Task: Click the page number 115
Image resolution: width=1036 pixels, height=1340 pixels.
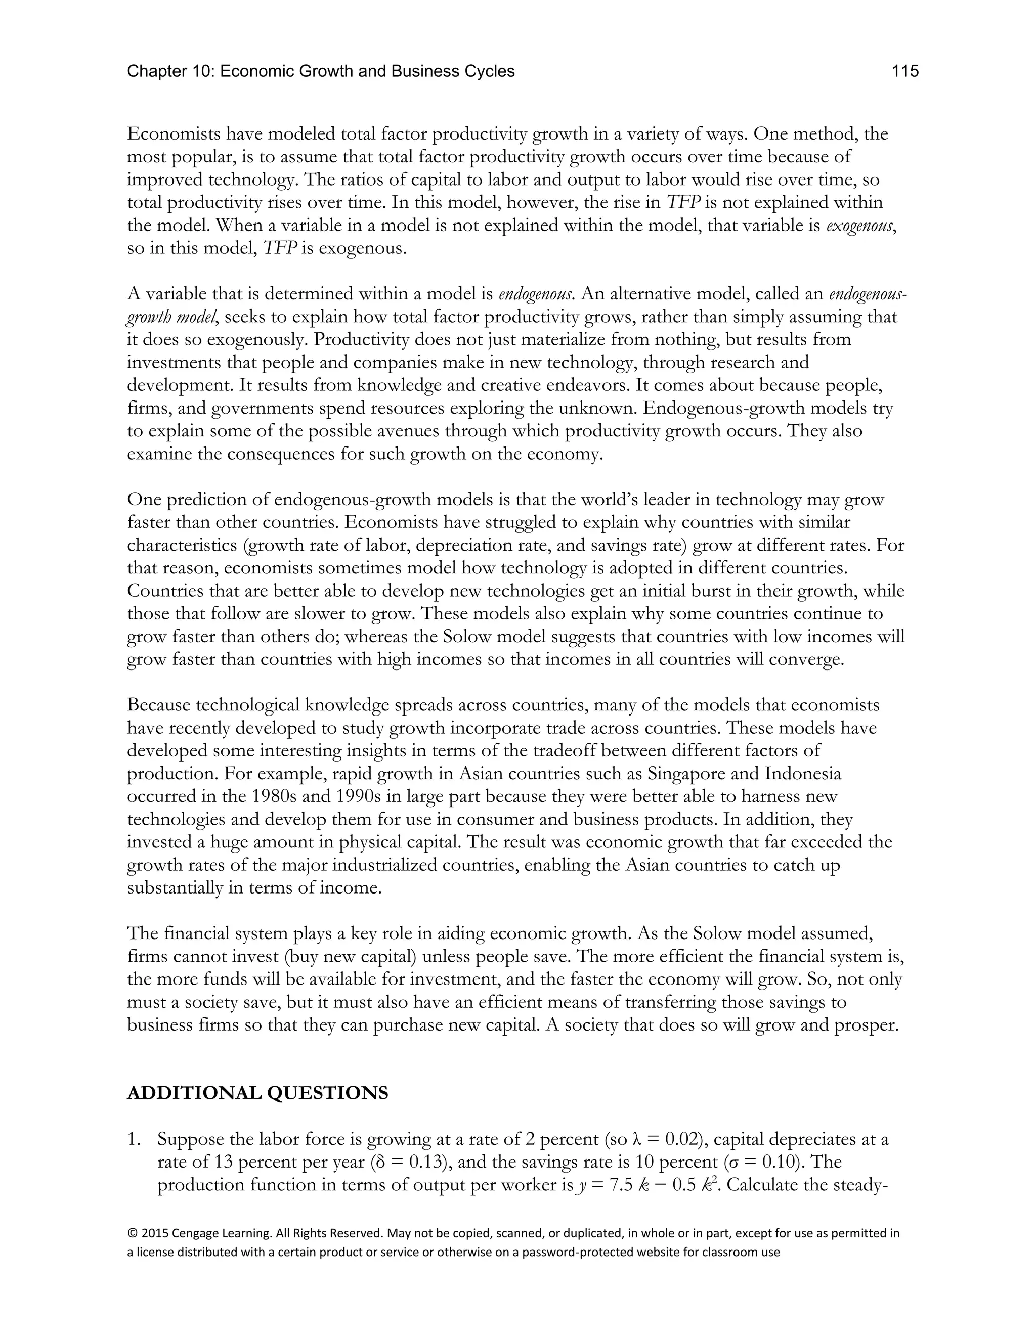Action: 905,72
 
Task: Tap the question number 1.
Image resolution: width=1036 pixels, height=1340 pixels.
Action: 134,1139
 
